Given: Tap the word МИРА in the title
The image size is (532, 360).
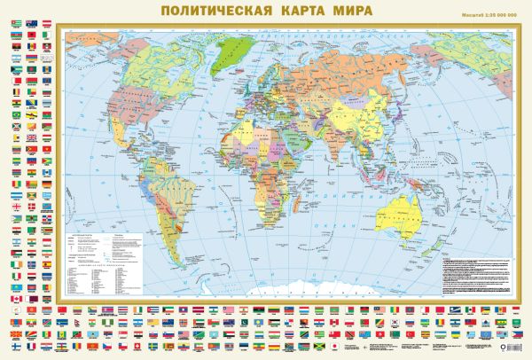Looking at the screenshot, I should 347,12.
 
